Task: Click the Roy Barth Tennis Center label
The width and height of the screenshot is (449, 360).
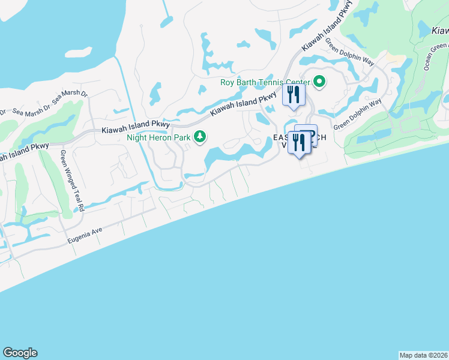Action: [x=265, y=82]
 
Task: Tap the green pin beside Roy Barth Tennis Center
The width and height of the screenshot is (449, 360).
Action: [x=320, y=82]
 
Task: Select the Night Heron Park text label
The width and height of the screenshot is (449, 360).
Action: [x=158, y=137]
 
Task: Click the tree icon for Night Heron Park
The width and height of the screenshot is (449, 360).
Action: [x=200, y=138]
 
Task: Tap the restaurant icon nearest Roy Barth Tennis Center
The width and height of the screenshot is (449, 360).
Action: [x=294, y=95]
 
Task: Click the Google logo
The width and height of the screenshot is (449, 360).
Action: [x=20, y=353]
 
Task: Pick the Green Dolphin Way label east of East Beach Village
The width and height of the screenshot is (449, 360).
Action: [x=358, y=115]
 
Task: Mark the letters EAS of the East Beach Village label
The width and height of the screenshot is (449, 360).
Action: [x=280, y=137]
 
